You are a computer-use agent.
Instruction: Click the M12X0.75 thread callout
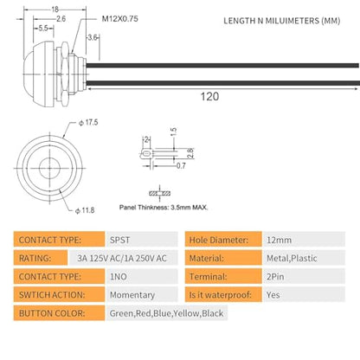(120, 19)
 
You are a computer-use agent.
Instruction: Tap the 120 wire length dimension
(209, 96)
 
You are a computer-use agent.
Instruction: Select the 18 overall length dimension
(55, 10)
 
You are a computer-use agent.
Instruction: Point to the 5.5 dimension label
(43, 29)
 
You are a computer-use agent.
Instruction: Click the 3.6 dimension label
(93, 37)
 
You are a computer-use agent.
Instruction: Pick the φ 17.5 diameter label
(88, 122)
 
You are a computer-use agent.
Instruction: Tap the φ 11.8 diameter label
(85, 210)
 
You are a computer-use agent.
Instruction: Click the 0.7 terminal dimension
(181, 165)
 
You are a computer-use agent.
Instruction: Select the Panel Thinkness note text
(164, 207)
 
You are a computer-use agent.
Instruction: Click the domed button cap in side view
(39, 74)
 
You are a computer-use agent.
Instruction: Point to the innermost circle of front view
(49, 168)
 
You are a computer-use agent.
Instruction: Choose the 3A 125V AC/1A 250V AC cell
(123, 258)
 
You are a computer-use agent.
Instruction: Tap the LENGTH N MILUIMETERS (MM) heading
(282, 21)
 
